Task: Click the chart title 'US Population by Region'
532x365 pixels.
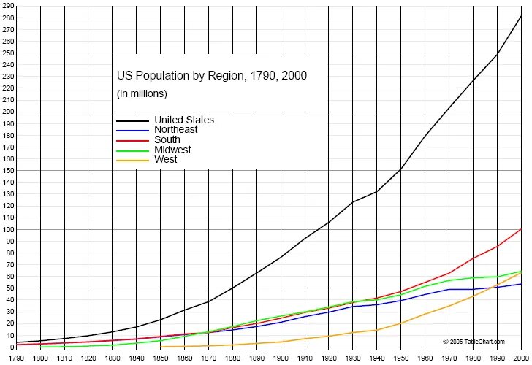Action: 212,75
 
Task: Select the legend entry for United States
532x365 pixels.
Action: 184,120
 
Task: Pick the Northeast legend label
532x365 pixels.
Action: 176,129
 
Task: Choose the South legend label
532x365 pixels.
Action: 167,139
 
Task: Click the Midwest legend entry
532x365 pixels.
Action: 172,150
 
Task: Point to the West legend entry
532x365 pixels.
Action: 166,159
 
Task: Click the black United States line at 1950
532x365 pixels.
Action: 401,170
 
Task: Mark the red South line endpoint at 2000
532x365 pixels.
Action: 521,229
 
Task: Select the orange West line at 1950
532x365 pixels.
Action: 401,323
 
